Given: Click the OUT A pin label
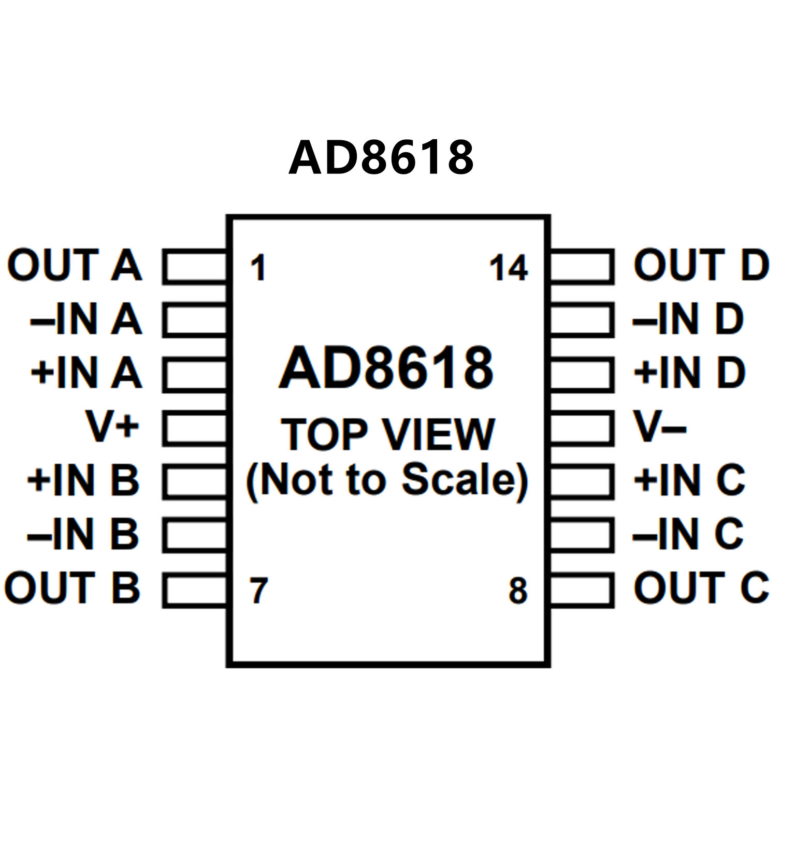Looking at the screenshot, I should (x=74, y=265).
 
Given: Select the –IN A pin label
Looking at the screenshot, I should (x=86, y=319).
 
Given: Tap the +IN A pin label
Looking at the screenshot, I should (x=86, y=373).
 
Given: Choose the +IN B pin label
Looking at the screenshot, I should (x=83, y=480).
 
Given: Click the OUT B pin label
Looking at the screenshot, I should (x=73, y=588).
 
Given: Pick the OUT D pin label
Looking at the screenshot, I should (x=701, y=265).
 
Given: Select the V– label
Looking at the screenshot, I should (x=660, y=427).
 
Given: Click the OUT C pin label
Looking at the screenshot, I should (x=701, y=588).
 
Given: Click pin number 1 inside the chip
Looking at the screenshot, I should (x=258, y=268).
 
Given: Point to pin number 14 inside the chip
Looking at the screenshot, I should (x=509, y=268).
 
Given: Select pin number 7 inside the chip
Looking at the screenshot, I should (x=258, y=591).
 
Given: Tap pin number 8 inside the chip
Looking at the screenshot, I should (x=517, y=591).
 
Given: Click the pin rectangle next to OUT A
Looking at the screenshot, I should (x=195, y=267).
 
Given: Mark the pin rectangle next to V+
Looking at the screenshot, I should (x=195, y=428).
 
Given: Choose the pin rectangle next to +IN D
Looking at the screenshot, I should (x=581, y=374).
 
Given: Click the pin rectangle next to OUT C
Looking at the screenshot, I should (x=581, y=589).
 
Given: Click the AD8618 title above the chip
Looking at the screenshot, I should (x=381, y=157).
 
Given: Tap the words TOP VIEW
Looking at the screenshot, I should (x=388, y=435).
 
